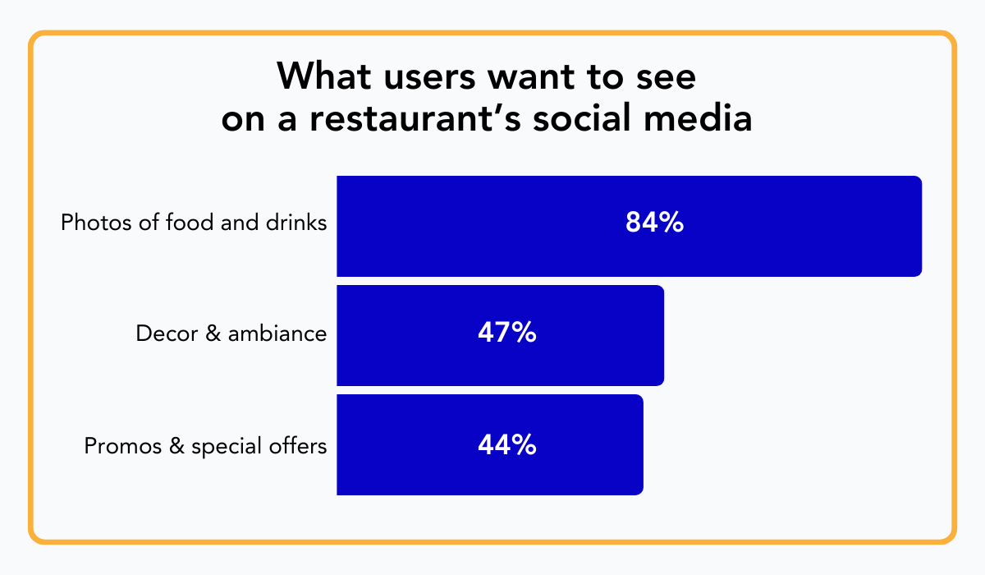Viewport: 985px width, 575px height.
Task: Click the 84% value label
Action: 654,223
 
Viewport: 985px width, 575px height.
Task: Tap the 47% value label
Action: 506,334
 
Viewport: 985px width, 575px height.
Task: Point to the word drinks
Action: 301,223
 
